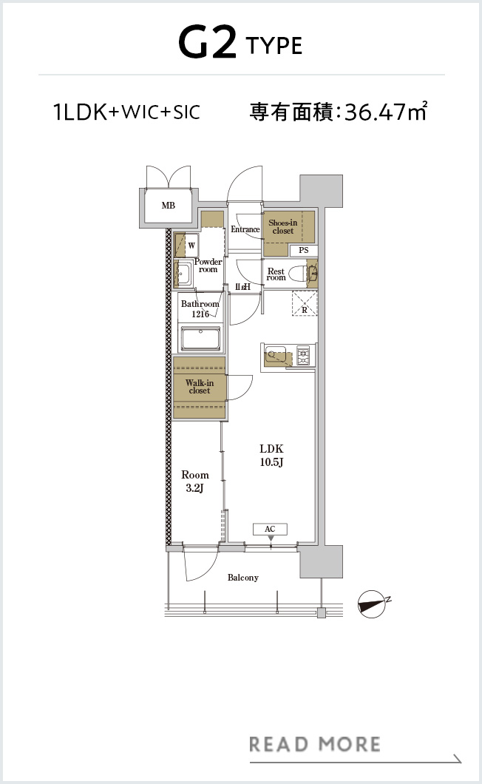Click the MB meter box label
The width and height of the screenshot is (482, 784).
(169, 206)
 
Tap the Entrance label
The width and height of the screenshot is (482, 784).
(245, 229)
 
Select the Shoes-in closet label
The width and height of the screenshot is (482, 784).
(283, 226)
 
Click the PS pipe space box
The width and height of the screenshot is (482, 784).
(304, 250)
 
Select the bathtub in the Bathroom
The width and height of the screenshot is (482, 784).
(201, 339)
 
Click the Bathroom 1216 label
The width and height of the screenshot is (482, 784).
(200, 309)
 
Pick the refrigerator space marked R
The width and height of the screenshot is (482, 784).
(305, 303)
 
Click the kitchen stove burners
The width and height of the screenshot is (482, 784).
(304, 356)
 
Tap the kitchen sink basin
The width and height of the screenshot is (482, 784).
(274, 354)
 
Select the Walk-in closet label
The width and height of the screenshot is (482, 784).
(200, 387)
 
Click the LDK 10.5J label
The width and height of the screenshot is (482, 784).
(271, 455)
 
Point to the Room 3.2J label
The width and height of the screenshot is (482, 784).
(195, 481)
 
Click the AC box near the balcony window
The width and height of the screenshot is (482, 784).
(270, 529)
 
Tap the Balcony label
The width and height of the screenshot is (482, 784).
(243, 578)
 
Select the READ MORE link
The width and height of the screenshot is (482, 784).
(315, 744)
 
